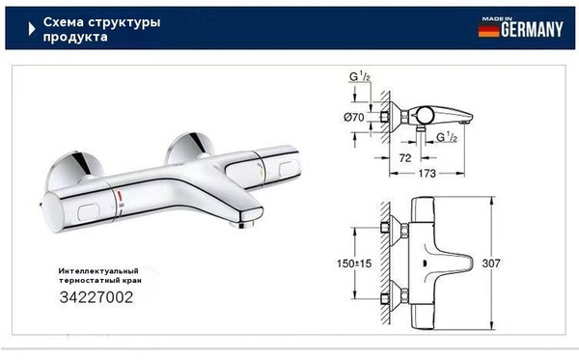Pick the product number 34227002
91,297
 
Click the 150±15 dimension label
355,263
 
